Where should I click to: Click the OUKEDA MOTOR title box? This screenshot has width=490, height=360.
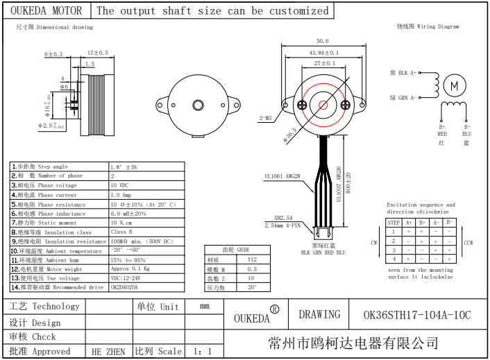[x=46, y=11]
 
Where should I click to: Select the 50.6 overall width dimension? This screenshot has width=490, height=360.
[x=322, y=41]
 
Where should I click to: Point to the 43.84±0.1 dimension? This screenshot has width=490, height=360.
[x=323, y=53]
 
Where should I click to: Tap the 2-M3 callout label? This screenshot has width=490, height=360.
[x=266, y=118]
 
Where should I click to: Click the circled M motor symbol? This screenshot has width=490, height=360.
[x=455, y=85]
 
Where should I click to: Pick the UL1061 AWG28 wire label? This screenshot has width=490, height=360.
[x=282, y=176]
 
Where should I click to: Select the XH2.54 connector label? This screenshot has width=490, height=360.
[x=282, y=218]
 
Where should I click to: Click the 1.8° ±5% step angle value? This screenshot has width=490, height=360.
[x=124, y=166]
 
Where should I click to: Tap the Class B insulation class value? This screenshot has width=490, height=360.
[x=121, y=232]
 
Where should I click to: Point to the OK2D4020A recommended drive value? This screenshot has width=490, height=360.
[x=124, y=287]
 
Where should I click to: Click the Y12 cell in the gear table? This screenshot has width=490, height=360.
[x=252, y=259]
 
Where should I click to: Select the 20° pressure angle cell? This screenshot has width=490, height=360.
[x=252, y=286]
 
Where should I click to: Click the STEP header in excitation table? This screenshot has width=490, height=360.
[x=394, y=223]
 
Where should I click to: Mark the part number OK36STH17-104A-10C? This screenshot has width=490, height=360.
[x=417, y=315]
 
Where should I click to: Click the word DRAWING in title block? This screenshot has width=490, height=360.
[x=319, y=314]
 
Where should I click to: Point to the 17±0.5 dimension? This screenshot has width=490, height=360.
[x=98, y=53]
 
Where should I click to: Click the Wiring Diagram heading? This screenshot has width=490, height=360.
[x=428, y=26]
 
